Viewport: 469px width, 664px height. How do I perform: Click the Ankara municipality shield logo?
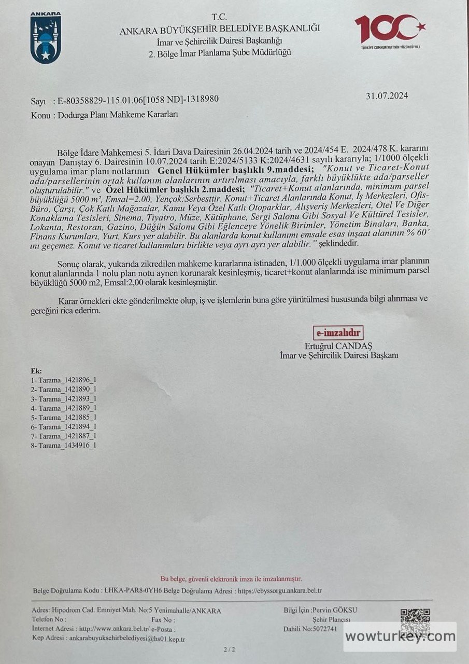46,38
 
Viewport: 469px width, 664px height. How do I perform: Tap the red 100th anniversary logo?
390,31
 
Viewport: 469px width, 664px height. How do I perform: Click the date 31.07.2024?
387,95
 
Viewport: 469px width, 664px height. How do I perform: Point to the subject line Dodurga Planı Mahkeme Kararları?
117,115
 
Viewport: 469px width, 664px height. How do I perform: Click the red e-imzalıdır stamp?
338,333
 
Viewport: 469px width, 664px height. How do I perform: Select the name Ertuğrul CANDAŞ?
339,345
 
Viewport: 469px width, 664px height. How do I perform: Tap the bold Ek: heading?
36,371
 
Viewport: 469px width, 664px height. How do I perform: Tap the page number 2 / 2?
229,649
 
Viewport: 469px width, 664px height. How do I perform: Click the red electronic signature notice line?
231,579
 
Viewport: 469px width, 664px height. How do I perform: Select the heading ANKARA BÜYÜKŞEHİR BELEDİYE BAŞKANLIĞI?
220,30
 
